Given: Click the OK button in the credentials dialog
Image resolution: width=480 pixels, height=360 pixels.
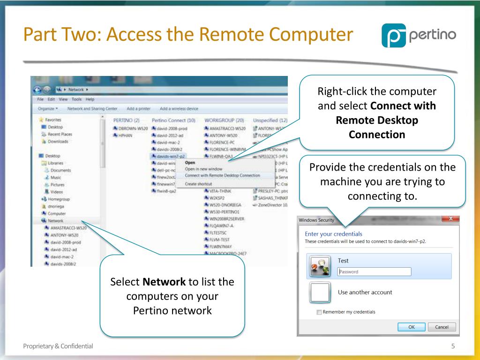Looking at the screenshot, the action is coord(411,327).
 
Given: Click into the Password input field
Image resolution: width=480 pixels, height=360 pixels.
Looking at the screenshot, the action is coord(374,271).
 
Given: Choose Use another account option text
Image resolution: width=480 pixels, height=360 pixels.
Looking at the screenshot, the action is coord(365,292).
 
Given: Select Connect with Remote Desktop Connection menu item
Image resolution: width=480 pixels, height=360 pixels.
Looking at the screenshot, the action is coord(222,175).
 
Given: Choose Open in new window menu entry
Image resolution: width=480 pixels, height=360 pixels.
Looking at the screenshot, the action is coord(203,169).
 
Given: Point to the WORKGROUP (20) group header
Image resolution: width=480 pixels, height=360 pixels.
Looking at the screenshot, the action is coord(225,120).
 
